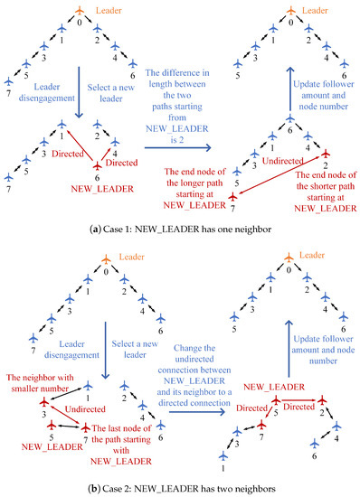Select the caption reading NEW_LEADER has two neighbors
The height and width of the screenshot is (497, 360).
180,488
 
